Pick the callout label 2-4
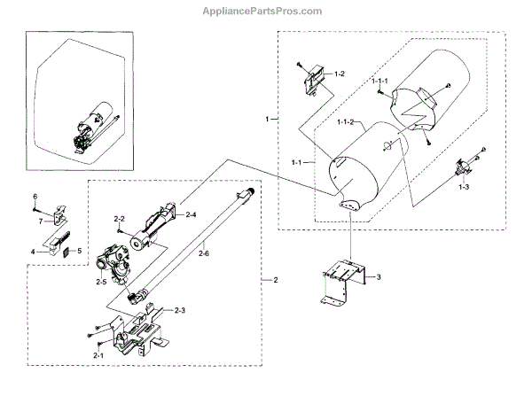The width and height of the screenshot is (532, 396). tap(190, 214)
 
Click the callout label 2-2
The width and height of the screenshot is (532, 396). tap(120, 218)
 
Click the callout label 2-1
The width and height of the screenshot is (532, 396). tap(98, 356)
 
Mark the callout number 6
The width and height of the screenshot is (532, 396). tap(35, 196)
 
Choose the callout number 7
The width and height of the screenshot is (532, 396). tap(40, 221)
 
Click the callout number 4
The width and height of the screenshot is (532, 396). tap(32, 252)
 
